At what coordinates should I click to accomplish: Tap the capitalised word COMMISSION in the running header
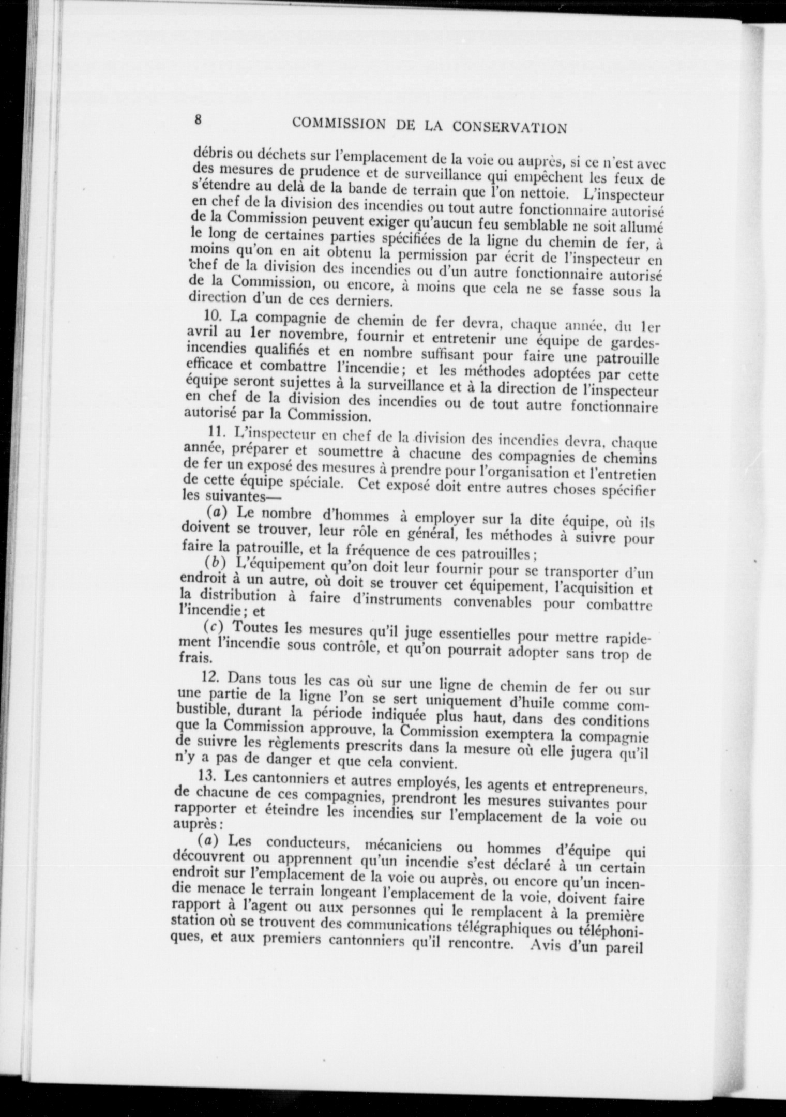coord(338,124)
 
